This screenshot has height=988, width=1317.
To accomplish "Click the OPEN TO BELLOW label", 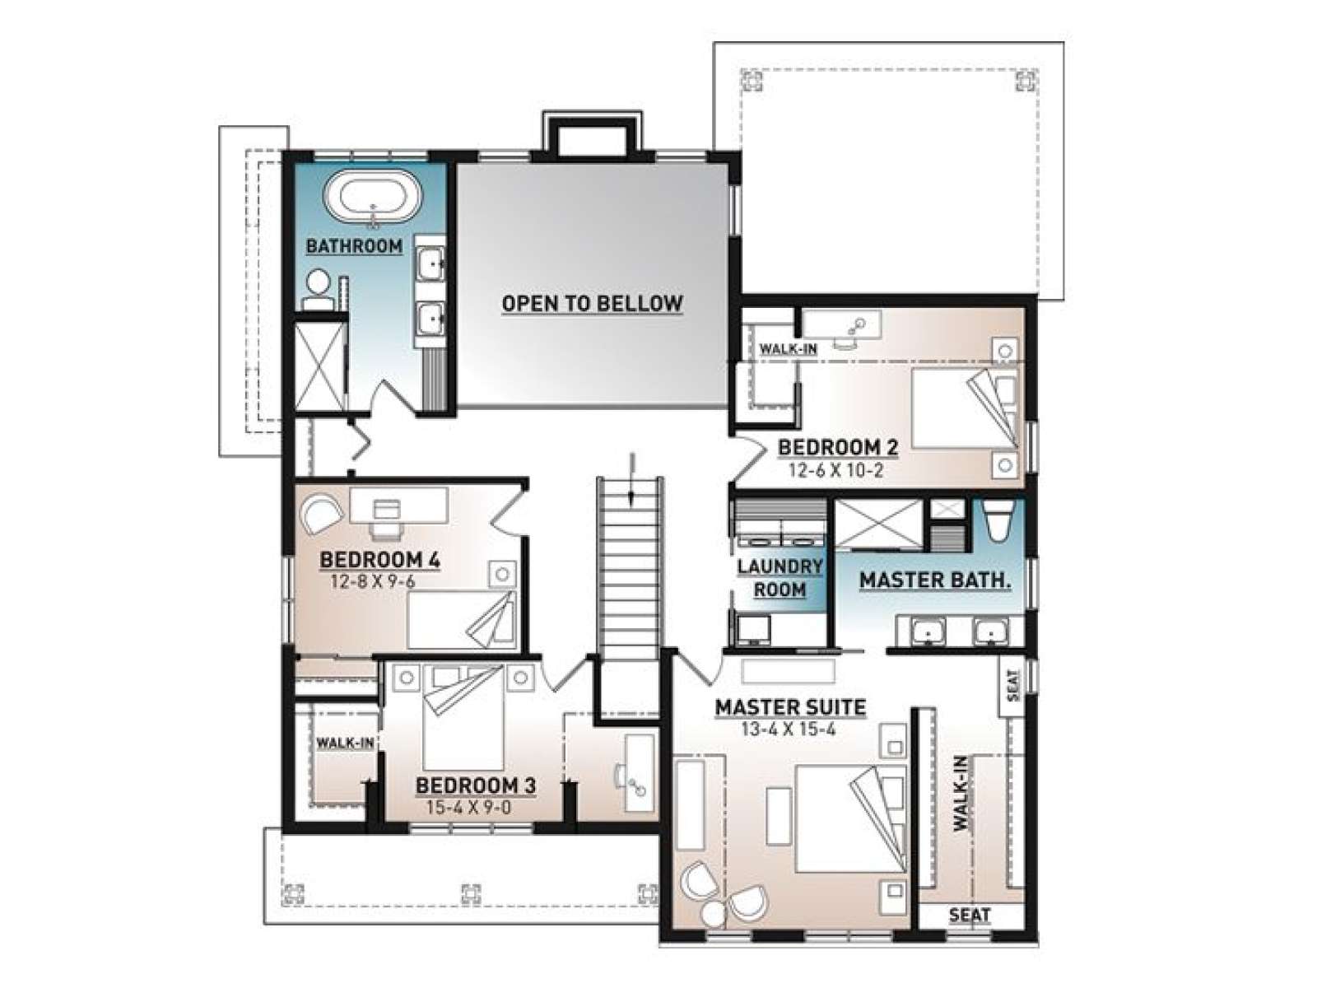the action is click(x=592, y=303).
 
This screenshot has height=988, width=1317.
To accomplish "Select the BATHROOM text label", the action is click(x=354, y=246).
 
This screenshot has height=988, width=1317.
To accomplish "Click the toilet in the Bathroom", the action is click(x=318, y=291).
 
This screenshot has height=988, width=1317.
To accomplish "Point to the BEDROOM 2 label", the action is click(x=838, y=448).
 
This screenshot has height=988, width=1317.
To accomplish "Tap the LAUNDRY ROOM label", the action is click(x=779, y=578).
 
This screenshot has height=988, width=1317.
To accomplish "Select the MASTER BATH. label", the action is click(x=935, y=580).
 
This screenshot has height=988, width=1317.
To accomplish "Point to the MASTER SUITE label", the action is click(x=790, y=707).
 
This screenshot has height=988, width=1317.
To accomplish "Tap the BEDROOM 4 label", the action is click(x=379, y=560).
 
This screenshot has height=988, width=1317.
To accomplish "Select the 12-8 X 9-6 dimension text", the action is click(x=373, y=581).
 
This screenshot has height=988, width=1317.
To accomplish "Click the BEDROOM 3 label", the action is click(x=476, y=785).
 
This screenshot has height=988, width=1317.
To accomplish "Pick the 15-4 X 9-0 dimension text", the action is click(x=468, y=808).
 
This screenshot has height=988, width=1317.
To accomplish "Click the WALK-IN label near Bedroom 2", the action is click(x=789, y=348).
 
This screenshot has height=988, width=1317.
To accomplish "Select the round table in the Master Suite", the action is click(x=714, y=915).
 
